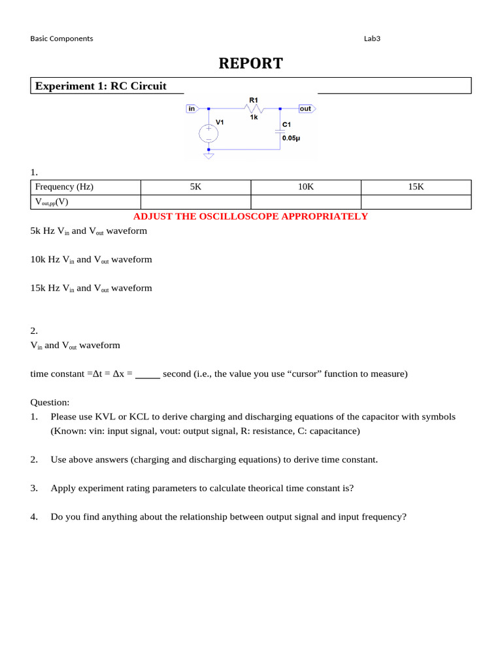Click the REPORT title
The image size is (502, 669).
(x=250, y=63)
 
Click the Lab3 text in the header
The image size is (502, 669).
(x=372, y=39)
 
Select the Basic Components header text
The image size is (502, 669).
(x=61, y=39)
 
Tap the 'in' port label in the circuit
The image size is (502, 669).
(x=192, y=108)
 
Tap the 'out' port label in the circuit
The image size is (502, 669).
(x=306, y=108)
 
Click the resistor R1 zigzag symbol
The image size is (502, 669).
(x=254, y=108)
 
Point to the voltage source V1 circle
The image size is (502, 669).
(x=209, y=133)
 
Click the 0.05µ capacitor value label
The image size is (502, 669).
(x=292, y=139)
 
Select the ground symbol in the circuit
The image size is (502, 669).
(x=209, y=156)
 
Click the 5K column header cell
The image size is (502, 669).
(x=195, y=187)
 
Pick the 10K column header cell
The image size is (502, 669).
(x=306, y=187)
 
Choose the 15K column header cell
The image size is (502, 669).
(x=416, y=187)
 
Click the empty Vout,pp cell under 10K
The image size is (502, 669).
(x=306, y=202)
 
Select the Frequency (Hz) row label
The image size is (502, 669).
(x=64, y=187)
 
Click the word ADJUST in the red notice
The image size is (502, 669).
(x=151, y=216)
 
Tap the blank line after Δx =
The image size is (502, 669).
(x=148, y=375)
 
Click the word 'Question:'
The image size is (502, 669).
(x=50, y=402)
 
